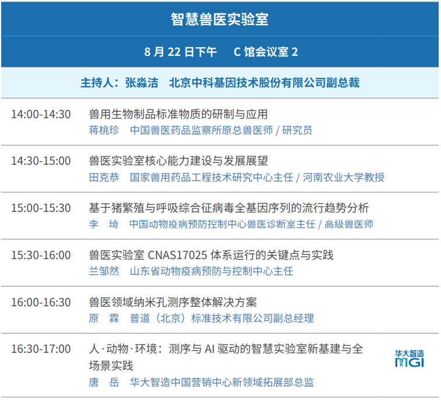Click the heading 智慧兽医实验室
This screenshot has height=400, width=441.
pos(220,19)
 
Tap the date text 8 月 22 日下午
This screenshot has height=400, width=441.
pos(180,52)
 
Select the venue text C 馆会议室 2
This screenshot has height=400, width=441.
pos(266,52)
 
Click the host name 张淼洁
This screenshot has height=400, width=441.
pos(141,83)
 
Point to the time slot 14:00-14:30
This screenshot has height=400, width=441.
pos(41,114)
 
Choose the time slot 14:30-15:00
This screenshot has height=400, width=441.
pos(41,161)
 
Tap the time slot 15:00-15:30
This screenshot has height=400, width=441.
pos(41,208)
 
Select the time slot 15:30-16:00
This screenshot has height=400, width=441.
pos(41,255)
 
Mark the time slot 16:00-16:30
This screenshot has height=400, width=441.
pos(41,302)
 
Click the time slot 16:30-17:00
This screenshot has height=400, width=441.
pos(41,349)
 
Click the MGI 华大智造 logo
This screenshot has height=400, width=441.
pos(409,359)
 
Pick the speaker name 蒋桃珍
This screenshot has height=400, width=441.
pos(104,130)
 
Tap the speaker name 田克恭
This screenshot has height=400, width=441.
pos(104,178)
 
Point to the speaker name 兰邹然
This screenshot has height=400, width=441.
pos(104,271)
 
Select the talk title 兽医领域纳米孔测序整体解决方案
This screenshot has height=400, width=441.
pos(173,302)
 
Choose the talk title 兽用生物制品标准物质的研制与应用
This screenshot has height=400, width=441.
pos(178,114)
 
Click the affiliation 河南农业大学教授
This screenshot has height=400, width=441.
pos(343,178)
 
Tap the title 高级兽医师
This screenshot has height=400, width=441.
pos(348,224)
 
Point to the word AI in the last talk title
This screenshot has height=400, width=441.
pos(209,349)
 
